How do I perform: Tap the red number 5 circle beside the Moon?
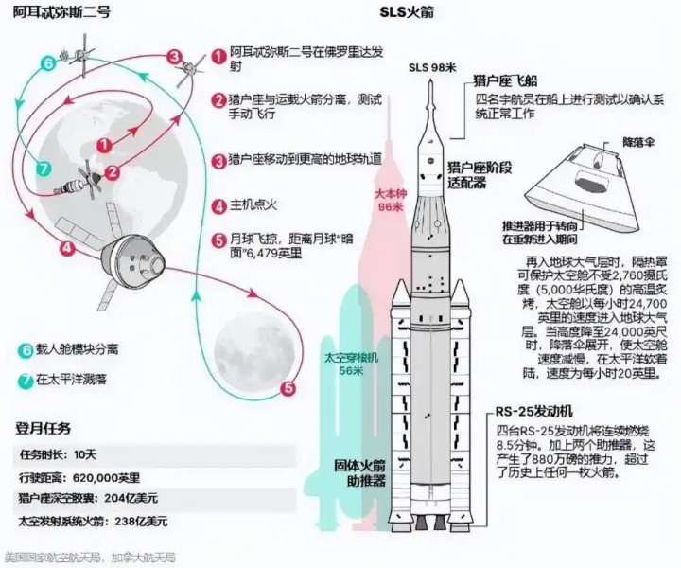[289, 387]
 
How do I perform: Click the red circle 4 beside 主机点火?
[218, 204]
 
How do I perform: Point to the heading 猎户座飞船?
[510, 82]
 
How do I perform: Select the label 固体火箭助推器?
[359, 473]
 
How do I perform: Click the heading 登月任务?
[44, 428]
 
